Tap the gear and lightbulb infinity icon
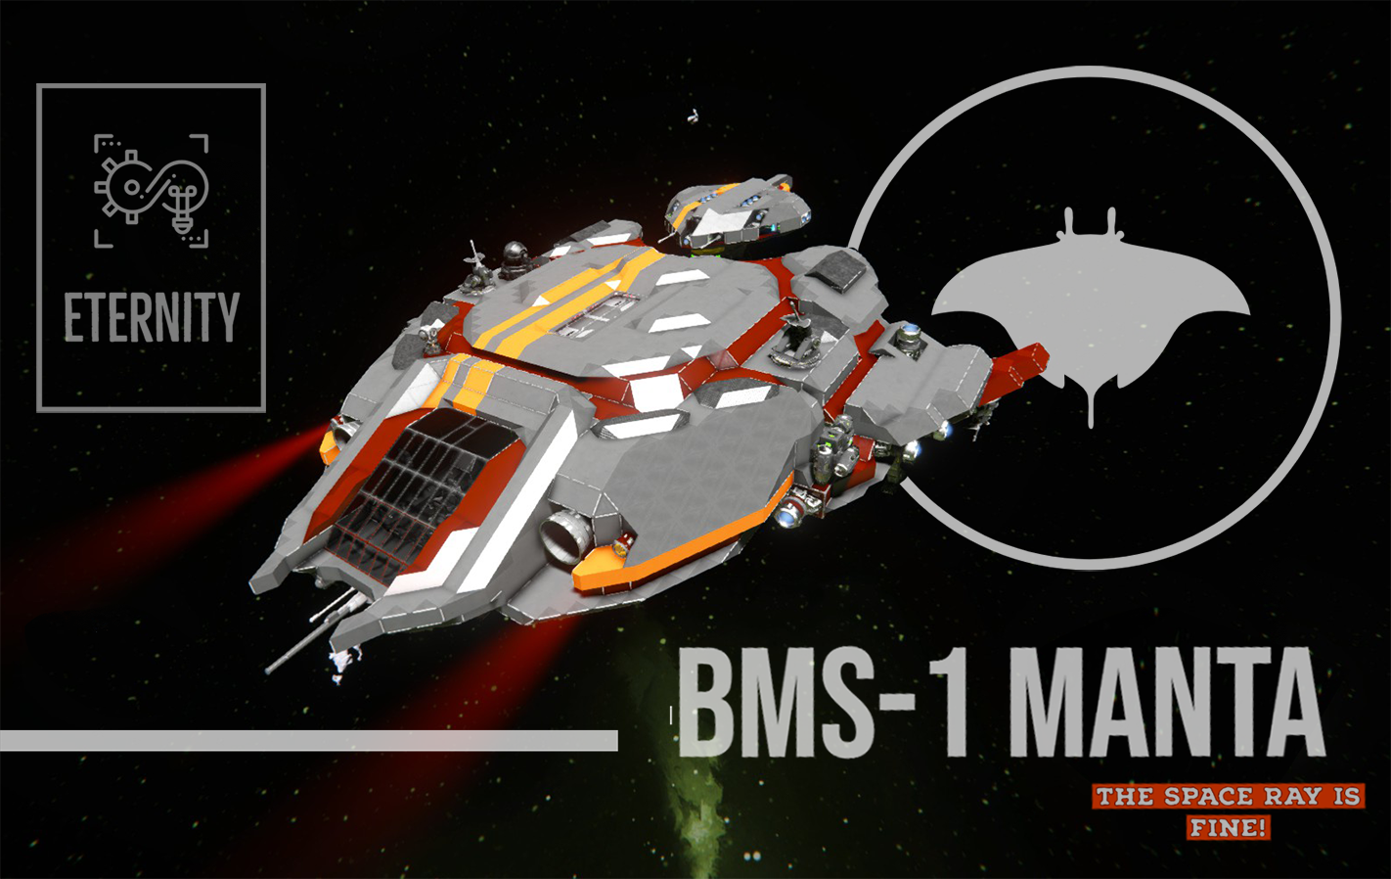152,188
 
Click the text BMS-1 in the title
822,705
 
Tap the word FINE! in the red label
1229,828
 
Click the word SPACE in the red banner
1212,797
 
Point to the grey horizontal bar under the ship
308,740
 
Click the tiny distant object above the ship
694,116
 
